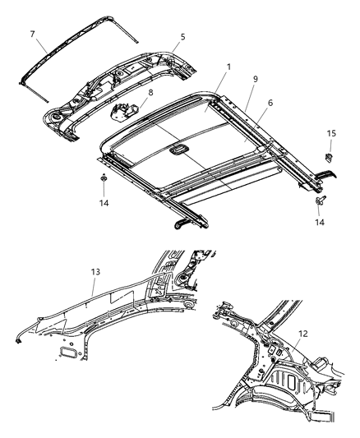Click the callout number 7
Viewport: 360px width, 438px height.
[33, 34]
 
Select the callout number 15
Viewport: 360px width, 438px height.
[332, 133]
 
